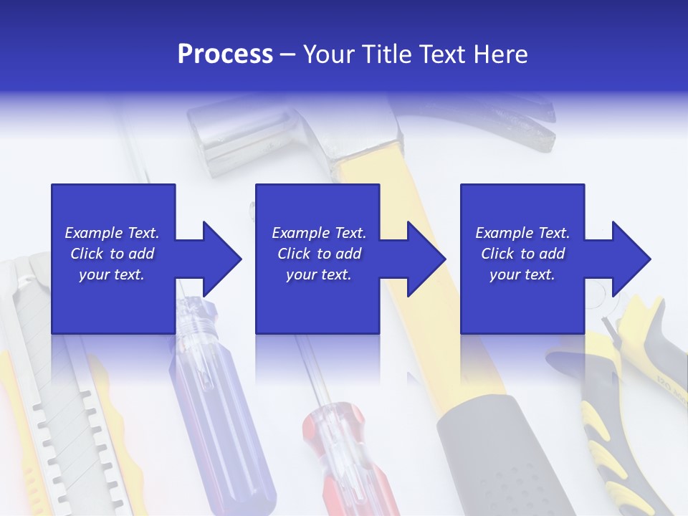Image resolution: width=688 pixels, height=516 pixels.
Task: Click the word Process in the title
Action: tap(225, 54)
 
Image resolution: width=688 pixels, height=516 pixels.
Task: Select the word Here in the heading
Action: tap(501, 54)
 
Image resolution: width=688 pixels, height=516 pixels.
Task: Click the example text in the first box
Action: tap(112, 254)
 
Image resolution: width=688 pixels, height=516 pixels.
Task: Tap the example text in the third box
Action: tap(522, 254)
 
